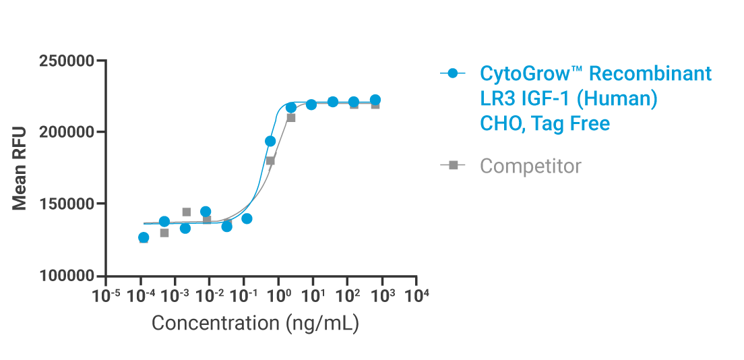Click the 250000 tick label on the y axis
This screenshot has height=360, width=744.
(x=67, y=61)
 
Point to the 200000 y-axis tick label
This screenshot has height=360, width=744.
(x=67, y=132)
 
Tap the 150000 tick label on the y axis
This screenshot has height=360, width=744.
(x=67, y=204)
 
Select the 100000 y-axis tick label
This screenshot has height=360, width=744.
(x=67, y=276)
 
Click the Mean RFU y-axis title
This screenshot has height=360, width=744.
(x=20, y=169)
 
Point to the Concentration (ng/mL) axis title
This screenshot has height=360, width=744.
(x=255, y=323)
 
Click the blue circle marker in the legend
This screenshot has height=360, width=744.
(x=453, y=73)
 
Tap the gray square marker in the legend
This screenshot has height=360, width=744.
(x=453, y=165)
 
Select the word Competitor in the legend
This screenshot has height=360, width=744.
(x=530, y=166)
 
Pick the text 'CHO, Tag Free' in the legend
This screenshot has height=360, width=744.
(x=545, y=124)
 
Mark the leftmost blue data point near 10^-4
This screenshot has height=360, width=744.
(x=144, y=237)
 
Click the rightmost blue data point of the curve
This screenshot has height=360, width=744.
(x=375, y=100)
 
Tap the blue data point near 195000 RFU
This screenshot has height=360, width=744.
(x=270, y=141)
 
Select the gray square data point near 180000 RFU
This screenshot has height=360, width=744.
(x=270, y=160)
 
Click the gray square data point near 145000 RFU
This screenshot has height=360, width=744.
(x=186, y=212)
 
